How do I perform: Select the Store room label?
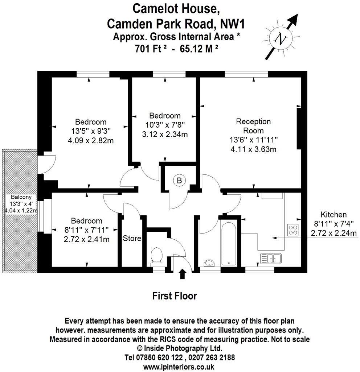pos(132,239)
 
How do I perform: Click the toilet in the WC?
pos(157,255)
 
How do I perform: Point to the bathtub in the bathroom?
pos(228,241)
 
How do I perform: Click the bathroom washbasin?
pos(209,262)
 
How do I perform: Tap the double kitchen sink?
pos(271,259)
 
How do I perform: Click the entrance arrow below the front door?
pos(182,274)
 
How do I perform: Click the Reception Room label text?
pos(253,126)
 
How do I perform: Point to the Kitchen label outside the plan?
pos(333,215)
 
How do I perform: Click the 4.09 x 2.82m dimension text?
pos(91,140)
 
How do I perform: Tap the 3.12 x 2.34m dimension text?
pos(165,135)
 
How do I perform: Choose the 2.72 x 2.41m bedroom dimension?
pos(86,239)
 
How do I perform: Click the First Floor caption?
pos(174,296)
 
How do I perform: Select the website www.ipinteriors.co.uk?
pos(179,367)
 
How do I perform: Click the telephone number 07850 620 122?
pos(156,357)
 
